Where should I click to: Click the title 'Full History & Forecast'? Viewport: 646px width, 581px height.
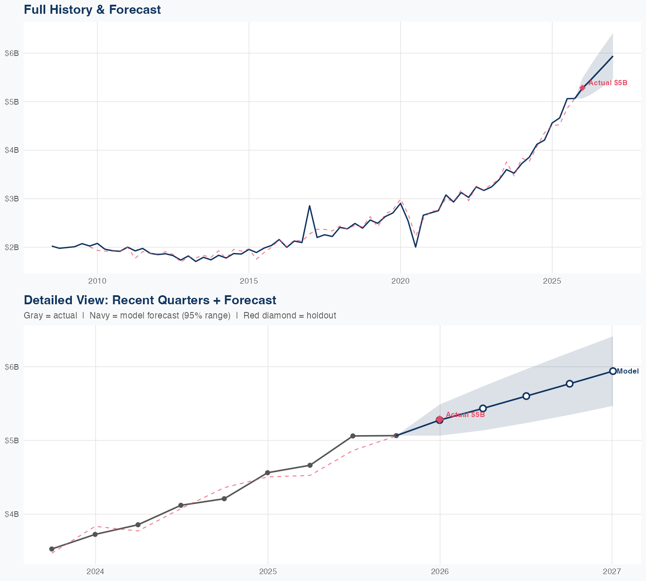point(92,9)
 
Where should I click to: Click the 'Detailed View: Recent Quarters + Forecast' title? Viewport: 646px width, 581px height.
point(150,300)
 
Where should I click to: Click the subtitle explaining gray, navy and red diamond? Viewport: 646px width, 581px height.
point(180,315)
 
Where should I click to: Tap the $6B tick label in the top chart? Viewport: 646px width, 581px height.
point(12,53)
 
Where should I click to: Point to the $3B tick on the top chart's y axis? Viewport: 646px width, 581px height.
point(12,199)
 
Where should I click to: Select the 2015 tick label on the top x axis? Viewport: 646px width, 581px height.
point(248,281)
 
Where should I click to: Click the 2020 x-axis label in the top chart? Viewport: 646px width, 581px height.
point(400,281)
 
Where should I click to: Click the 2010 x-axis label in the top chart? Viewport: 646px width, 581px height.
point(97,281)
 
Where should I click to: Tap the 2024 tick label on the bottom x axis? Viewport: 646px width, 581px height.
point(95,572)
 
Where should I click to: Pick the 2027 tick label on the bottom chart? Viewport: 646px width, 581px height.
point(612,572)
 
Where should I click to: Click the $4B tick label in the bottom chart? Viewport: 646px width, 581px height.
point(12,514)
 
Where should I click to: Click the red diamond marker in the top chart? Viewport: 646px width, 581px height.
point(582,88)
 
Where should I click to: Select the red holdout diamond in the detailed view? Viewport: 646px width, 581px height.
point(439,419)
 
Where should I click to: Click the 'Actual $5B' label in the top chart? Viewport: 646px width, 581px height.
point(608,83)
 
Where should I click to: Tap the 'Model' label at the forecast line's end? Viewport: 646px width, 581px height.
point(627,371)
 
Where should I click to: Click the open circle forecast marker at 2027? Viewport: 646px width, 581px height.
point(612,371)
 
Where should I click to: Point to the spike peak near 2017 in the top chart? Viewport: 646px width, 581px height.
point(309,206)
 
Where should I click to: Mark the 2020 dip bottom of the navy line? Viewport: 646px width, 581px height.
point(415,247)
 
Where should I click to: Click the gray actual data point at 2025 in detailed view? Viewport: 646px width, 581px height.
point(267,473)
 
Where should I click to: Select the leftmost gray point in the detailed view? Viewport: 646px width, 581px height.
point(52,549)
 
